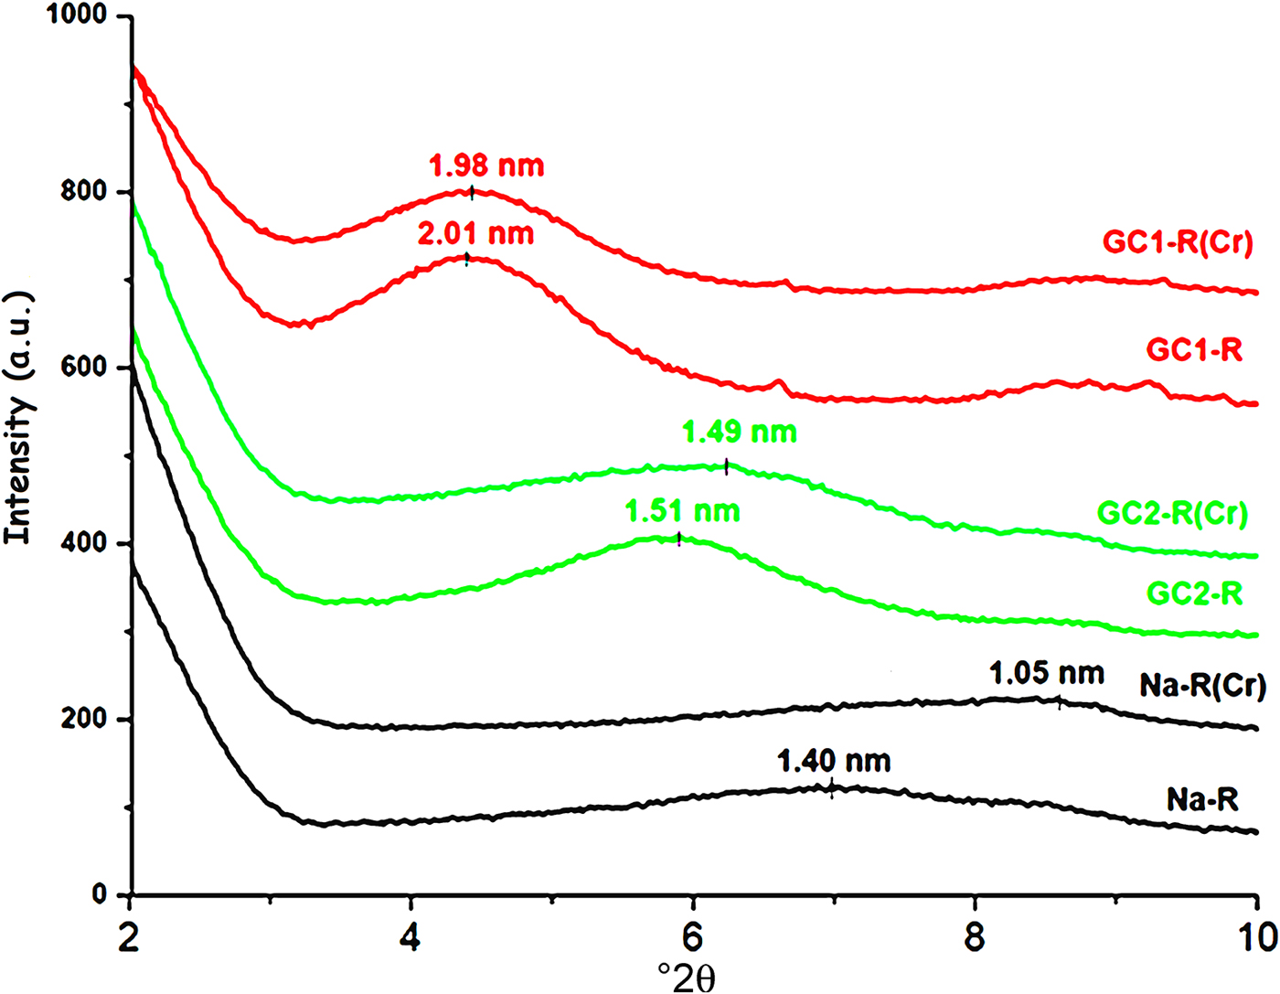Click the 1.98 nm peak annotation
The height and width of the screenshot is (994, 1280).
click(x=486, y=166)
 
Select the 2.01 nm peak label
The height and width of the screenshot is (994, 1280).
click(x=475, y=234)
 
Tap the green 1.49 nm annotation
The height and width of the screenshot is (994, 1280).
click(x=739, y=432)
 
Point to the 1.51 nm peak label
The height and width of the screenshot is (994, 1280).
click(x=682, y=511)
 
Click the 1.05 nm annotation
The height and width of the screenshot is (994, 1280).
click(x=1046, y=675)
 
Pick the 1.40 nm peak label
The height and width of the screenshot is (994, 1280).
click(x=833, y=761)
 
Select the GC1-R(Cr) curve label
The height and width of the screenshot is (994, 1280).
click(x=1178, y=242)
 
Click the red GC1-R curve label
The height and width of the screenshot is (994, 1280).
click(x=1194, y=350)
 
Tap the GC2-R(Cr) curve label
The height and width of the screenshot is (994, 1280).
click(x=1172, y=513)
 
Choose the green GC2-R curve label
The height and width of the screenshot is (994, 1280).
click(x=1194, y=593)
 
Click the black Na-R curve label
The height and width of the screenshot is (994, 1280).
click(x=1202, y=800)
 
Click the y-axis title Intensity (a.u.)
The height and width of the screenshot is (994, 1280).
click(x=19, y=418)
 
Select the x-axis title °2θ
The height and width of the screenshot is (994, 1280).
click(x=686, y=976)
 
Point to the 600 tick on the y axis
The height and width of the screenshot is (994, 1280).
click(x=86, y=368)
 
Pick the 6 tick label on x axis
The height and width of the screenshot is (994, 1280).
click(x=694, y=937)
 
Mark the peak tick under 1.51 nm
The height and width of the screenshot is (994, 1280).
click(x=678, y=540)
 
